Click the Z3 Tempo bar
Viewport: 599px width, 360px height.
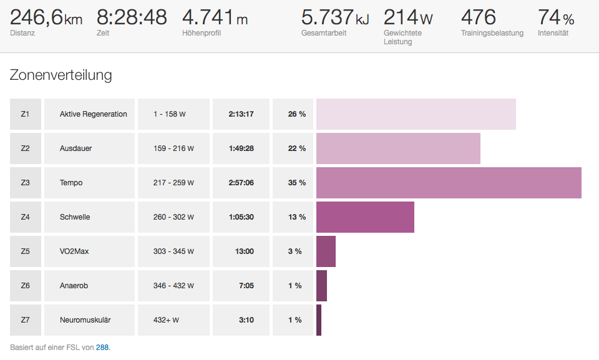tap(449, 183)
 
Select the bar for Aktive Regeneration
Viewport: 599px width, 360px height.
tap(416, 114)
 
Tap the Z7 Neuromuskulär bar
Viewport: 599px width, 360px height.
tap(319, 320)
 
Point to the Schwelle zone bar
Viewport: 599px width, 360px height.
tap(365, 217)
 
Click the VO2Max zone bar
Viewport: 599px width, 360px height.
tap(326, 251)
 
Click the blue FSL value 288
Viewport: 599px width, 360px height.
tap(102, 347)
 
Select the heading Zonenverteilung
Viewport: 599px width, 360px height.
tap(61, 75)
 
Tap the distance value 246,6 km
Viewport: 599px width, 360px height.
tap(46, 17)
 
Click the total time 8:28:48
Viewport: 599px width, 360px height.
tap(132, 17)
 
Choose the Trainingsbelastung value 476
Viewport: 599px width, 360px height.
tap(479, 17)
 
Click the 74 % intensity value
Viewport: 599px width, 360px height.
tap(556, 17)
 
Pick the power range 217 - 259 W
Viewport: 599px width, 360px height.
tap(173, 183)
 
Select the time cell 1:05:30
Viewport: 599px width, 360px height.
tap(241, 217)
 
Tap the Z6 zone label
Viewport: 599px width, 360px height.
tap(25, 286)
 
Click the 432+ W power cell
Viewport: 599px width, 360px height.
tap(166, 320)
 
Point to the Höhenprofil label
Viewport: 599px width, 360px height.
tap(202, 33)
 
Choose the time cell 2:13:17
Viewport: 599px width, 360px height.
tap(241, 114)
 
